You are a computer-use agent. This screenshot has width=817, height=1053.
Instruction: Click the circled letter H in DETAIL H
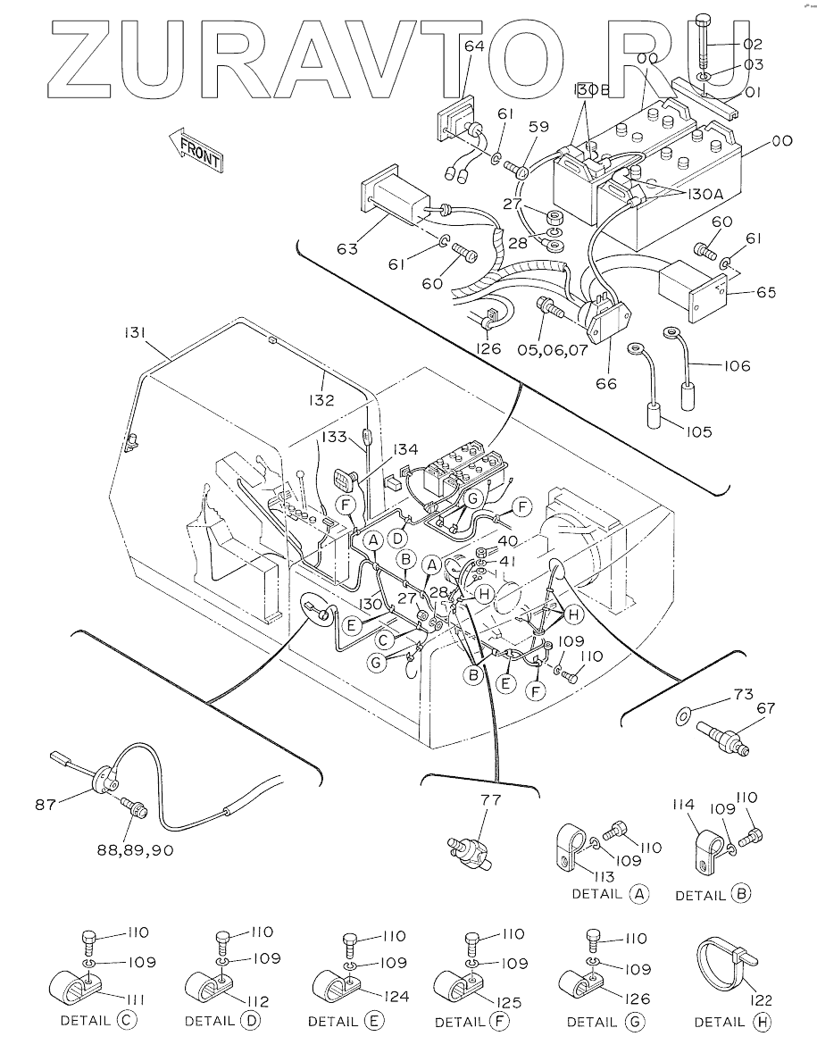761,1022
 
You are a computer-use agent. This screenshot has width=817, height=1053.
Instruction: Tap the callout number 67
765,708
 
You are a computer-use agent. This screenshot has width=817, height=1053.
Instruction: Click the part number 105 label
699,431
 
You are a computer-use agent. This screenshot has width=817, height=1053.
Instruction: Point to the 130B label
590,91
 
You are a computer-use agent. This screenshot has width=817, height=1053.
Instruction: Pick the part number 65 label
765,292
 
